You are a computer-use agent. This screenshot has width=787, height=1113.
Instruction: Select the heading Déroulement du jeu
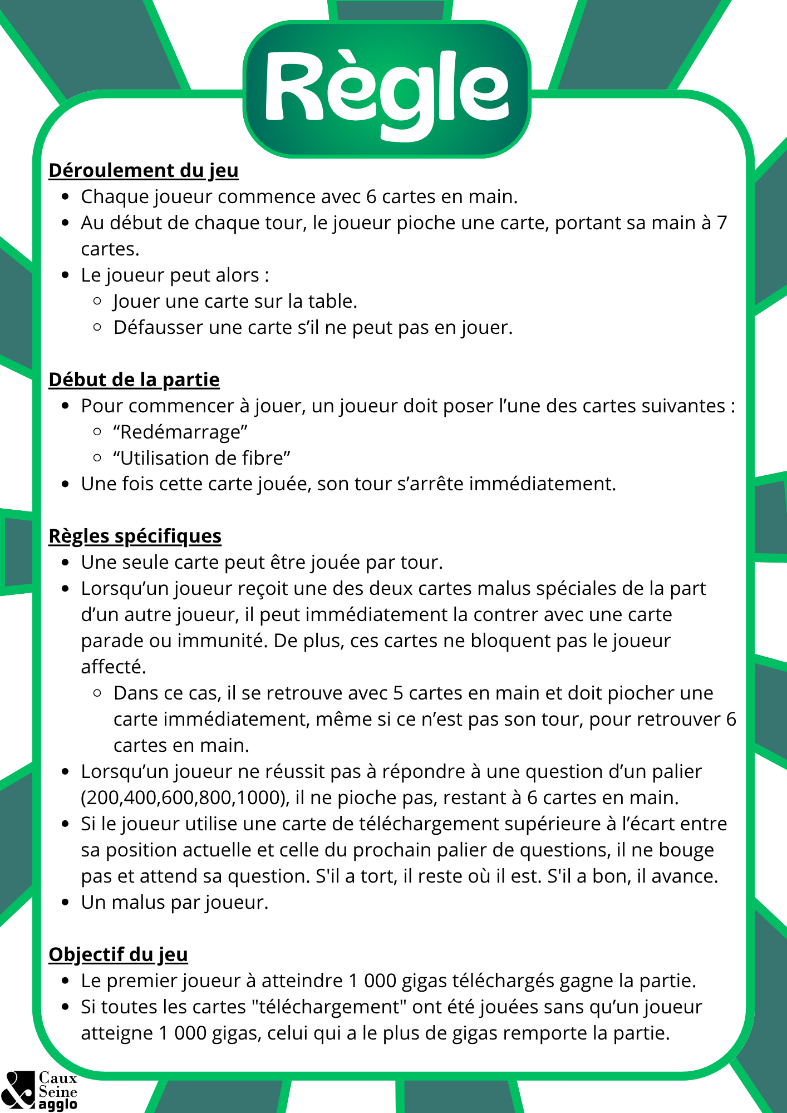point(144,170)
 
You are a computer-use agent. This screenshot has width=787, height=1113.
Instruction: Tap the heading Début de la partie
point(134,380)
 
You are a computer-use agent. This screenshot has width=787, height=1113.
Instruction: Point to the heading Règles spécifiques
point(135,536)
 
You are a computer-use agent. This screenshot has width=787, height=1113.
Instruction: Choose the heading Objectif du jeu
point(118,954)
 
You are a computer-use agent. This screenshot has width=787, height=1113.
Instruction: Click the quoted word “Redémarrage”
point(180,432)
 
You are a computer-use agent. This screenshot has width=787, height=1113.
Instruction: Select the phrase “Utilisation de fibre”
point(201,458)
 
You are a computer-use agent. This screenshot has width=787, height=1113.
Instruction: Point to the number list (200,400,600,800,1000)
point(185,797)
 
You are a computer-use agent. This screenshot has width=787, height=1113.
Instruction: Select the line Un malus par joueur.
point(175,902)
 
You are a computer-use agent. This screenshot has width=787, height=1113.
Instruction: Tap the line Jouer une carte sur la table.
point(235,301)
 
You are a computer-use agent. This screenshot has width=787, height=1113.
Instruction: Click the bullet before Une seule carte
point(66,562)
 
